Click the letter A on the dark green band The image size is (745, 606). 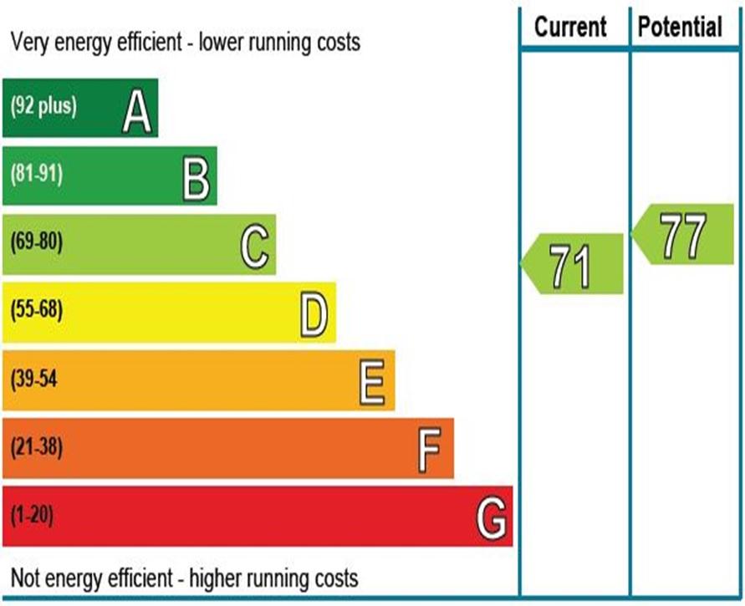[137, 112]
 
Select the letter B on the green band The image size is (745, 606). [196, 180]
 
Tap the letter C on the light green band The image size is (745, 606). [255, 247]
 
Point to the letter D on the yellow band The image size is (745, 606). [314, 315]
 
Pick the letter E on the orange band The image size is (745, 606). [371, 382]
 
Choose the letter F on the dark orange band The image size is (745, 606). [429, 451]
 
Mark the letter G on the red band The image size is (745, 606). [492, 518]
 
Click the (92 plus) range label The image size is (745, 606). [43, 105]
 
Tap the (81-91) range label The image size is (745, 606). [37, 174]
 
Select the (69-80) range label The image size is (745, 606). [37, 242]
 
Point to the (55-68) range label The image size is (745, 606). [37, 309]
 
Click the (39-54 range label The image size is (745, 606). [33, 379]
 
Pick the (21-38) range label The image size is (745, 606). [37, 446]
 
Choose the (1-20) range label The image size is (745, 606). [32, 515]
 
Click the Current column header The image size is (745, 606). [570, 26]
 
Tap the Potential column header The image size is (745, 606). [680, 26]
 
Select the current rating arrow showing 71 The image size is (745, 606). [572, 263]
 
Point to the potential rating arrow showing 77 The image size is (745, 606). [682, 234]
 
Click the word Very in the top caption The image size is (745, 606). [30, 43]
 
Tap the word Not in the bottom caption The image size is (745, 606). [27, 578]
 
